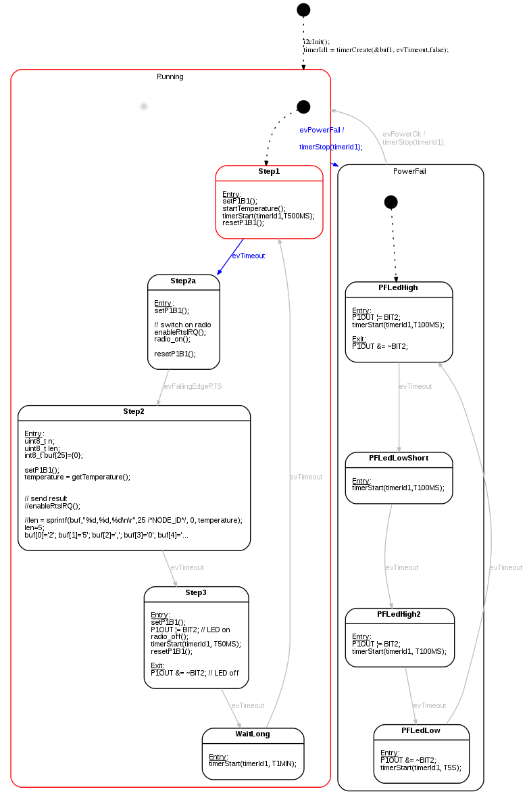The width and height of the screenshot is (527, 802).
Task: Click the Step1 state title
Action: [269, 172]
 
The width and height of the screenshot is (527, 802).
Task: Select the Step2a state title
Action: [183, 281]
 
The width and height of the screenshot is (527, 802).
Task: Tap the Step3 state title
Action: [196, 592]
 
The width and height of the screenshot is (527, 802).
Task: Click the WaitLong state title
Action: [253, 734]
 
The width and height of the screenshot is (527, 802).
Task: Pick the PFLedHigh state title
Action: [398, 287]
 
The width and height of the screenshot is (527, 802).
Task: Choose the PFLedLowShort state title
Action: [399, 458]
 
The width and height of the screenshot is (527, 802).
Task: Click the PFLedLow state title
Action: [421, 730]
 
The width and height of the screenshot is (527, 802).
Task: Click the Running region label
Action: [170, 76]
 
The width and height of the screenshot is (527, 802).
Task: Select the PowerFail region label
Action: [409, 171]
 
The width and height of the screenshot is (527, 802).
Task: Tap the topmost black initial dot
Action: [303, 9]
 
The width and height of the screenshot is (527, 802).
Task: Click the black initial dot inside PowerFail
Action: [391, 202]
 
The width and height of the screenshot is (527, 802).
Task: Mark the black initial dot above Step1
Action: [303, 107]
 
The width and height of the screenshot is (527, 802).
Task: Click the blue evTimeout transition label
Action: [249, 256]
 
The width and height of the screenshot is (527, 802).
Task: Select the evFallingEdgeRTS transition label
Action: [193, 386]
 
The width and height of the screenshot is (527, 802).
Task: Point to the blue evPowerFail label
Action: [322, 130]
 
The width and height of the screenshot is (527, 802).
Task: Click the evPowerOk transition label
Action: [403, 134]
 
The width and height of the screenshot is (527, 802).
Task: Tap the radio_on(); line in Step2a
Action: [173, 339]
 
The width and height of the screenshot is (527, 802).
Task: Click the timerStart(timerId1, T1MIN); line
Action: [252, 764]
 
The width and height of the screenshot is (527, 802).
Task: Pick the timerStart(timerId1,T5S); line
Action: [420, 768]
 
